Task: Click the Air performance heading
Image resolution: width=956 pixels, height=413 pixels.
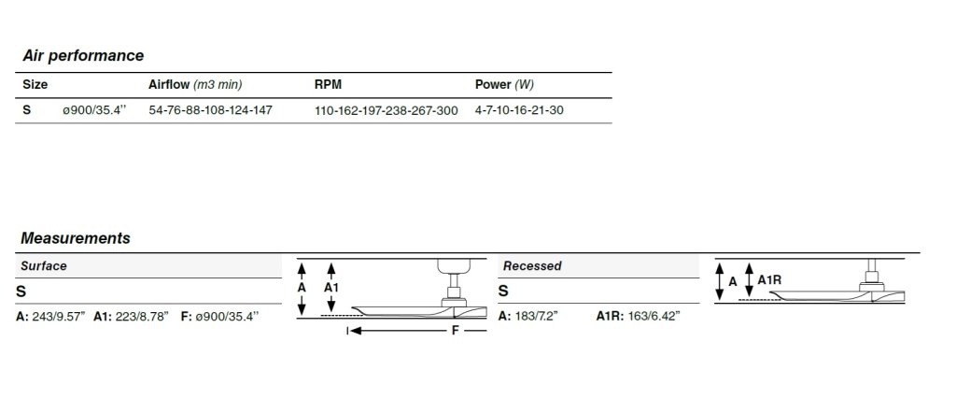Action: click(83, 55)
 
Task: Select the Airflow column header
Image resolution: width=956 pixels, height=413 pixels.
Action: click(195, 85)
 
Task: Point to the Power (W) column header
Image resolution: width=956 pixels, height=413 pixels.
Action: click(504, 85)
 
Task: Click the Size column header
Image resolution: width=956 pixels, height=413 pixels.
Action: click(35, 85)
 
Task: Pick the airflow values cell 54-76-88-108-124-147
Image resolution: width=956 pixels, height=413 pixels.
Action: click(210, 110)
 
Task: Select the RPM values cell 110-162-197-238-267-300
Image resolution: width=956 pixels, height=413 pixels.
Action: click(386, 111)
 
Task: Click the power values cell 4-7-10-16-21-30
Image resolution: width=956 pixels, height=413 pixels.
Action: click(519, 110)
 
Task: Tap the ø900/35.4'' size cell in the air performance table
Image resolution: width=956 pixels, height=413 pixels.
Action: click(94, 110)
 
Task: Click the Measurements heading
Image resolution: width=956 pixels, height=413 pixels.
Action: click(76, 238)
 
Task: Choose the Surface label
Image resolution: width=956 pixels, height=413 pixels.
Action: click(43, 266)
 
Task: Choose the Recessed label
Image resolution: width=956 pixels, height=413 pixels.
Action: click(532, 266)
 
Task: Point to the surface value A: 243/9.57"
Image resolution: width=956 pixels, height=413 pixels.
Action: click(50, 316)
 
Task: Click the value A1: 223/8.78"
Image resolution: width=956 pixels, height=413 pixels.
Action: click(131, 316)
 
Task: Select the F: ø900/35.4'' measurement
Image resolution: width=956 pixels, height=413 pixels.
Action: click(220, 316)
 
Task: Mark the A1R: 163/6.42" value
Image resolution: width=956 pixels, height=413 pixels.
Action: click(638, 316)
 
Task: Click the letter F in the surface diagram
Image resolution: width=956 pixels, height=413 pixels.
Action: click(454, 332)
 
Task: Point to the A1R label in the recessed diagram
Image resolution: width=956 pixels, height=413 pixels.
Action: click(769, 279)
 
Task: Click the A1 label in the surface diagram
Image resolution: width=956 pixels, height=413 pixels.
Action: click(331, 287)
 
